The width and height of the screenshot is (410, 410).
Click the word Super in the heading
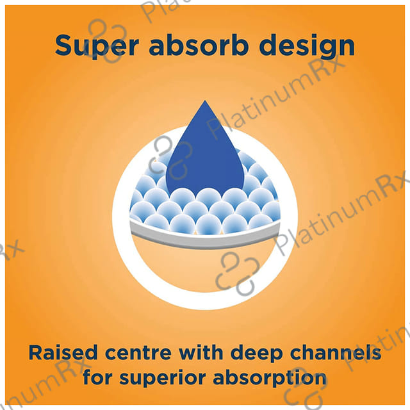[x=97, y=46]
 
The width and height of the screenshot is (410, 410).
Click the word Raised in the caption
[x=63, y=352]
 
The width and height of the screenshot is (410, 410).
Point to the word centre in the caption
[x=138, y=353]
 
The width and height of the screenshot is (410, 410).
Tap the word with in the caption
[x=201, y=352]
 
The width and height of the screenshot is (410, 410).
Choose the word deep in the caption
[x=256, y=354]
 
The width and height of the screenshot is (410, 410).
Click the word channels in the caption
[x=336, y=352]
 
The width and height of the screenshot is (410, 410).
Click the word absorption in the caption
[x=270, y=378]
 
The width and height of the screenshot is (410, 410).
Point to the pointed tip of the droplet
[x=205, y=101]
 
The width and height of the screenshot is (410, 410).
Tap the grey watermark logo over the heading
[x=107, y=41]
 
